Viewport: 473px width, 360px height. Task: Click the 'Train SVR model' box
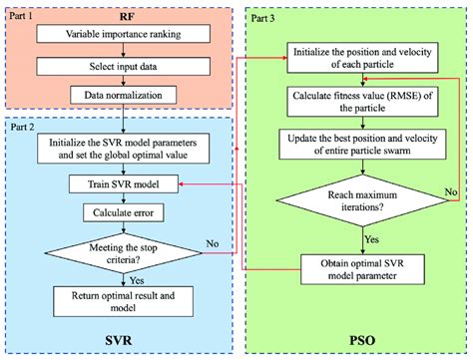point(122,184)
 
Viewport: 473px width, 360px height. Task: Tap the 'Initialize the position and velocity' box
point(360,57)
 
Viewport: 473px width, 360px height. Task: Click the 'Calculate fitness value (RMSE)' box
point(360,102)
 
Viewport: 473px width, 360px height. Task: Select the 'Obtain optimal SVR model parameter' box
point(360,268)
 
